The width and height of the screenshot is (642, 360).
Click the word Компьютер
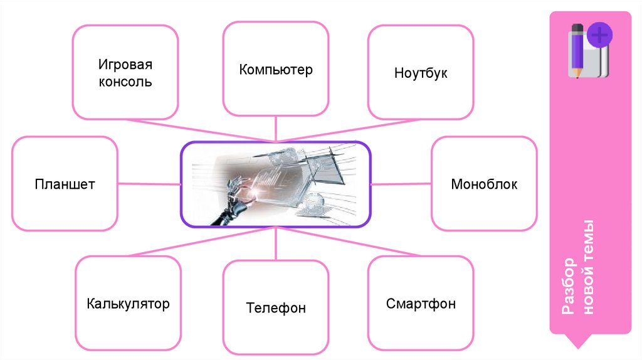point(275,69)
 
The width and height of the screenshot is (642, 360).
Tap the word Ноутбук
point(421,73)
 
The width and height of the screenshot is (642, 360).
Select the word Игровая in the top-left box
point(125,65)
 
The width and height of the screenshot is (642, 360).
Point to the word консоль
point(125,82)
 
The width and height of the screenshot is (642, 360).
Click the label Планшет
point(65,184)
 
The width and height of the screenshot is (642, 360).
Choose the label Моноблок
point(484,184)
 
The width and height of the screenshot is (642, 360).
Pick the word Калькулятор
point(128,305)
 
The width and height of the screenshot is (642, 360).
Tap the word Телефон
point(276,308)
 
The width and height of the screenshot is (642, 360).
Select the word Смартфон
point(421,305)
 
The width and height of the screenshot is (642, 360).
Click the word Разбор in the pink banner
point(568,286)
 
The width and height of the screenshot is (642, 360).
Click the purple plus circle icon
point(600,35)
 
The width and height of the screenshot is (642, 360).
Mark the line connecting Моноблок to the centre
point(401,184)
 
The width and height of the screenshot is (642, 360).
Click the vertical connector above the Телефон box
point(276,245)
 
